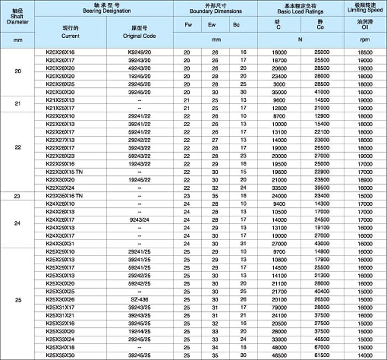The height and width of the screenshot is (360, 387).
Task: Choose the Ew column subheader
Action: pos(212,24)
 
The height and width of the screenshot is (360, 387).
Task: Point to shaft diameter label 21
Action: pos(17,104)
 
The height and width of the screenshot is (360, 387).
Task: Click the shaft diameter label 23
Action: pos(17,196)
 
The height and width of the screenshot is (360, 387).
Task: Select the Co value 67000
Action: pos(321,347)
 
